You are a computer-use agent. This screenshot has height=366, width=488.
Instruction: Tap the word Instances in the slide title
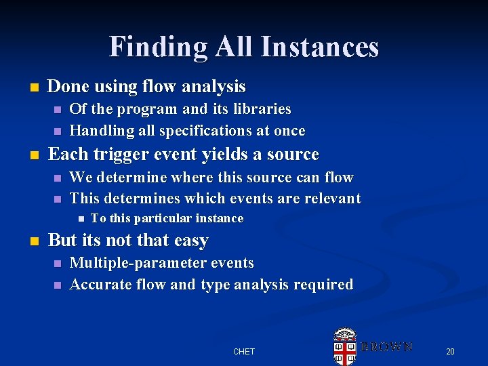319,47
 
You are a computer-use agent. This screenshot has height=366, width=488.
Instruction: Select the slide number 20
450,351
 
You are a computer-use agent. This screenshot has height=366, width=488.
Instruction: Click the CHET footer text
244,351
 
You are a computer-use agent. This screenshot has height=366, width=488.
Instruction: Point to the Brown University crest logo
346,346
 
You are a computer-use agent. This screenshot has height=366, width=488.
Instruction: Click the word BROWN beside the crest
386,346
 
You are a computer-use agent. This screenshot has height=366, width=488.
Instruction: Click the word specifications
211,131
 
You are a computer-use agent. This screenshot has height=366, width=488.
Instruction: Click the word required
323,285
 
